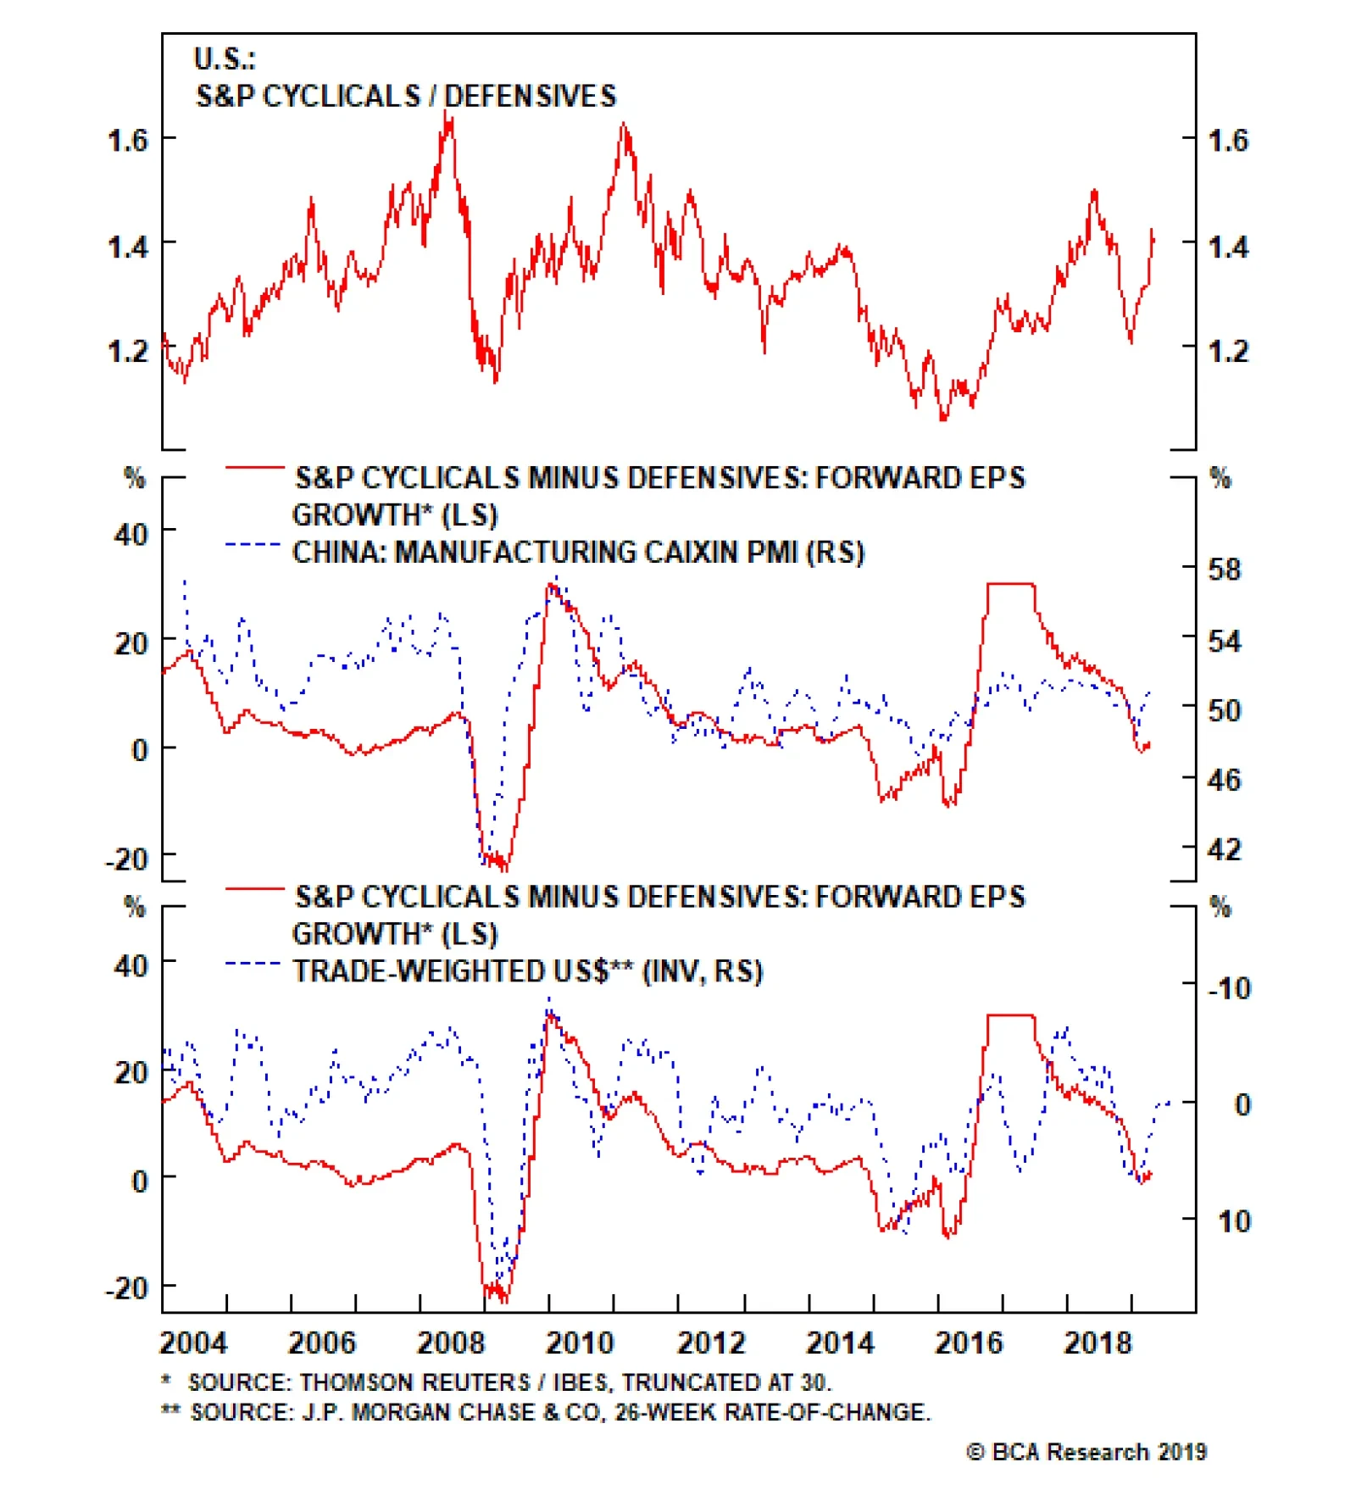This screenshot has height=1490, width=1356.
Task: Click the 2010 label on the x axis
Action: (579, 1343)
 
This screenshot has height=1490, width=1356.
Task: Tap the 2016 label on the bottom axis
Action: (968, 1343)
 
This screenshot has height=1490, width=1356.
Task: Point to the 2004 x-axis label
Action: (193, 1343)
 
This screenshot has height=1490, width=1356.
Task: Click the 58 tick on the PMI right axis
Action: (1224, 569)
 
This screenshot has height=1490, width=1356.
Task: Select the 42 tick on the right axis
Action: (1224, 848)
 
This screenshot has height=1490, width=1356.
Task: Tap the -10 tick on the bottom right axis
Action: (1229, 988)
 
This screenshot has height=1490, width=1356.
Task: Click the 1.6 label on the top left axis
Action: (128, 140)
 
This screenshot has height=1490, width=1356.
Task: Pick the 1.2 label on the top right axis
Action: (1228, 350)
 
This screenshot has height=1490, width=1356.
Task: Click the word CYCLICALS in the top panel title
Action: (342, 96)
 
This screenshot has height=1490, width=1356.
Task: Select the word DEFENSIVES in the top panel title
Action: (531, 96)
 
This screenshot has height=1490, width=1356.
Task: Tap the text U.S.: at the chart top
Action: (225, 58)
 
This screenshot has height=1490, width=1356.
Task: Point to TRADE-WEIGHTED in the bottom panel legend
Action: (450, 971)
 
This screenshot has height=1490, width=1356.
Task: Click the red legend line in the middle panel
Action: (254, 467)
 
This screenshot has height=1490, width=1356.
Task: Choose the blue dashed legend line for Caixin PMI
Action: (253, 544)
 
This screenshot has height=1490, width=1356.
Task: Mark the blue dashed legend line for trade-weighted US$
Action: (253, 964)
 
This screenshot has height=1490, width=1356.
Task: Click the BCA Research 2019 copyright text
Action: (1086, 1452)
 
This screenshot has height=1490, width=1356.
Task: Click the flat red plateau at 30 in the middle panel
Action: (1011, 584)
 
